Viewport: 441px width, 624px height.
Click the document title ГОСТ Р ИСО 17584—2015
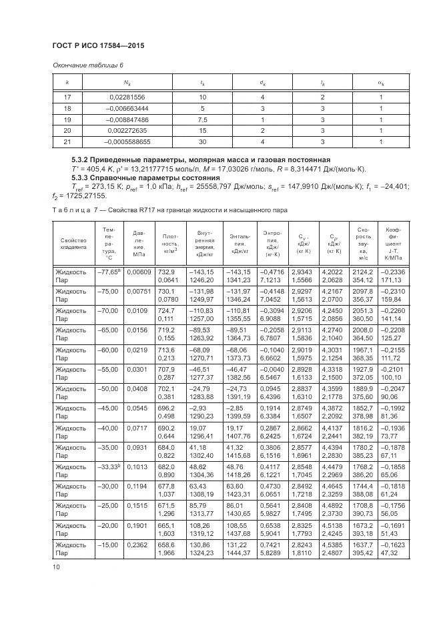(x=98, y=45)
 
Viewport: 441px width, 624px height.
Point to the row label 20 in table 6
(x=67, y=131)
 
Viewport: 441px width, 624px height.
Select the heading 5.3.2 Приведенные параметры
(x=200, y=160)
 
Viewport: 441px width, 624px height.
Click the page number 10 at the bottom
(x=56, y=567)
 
